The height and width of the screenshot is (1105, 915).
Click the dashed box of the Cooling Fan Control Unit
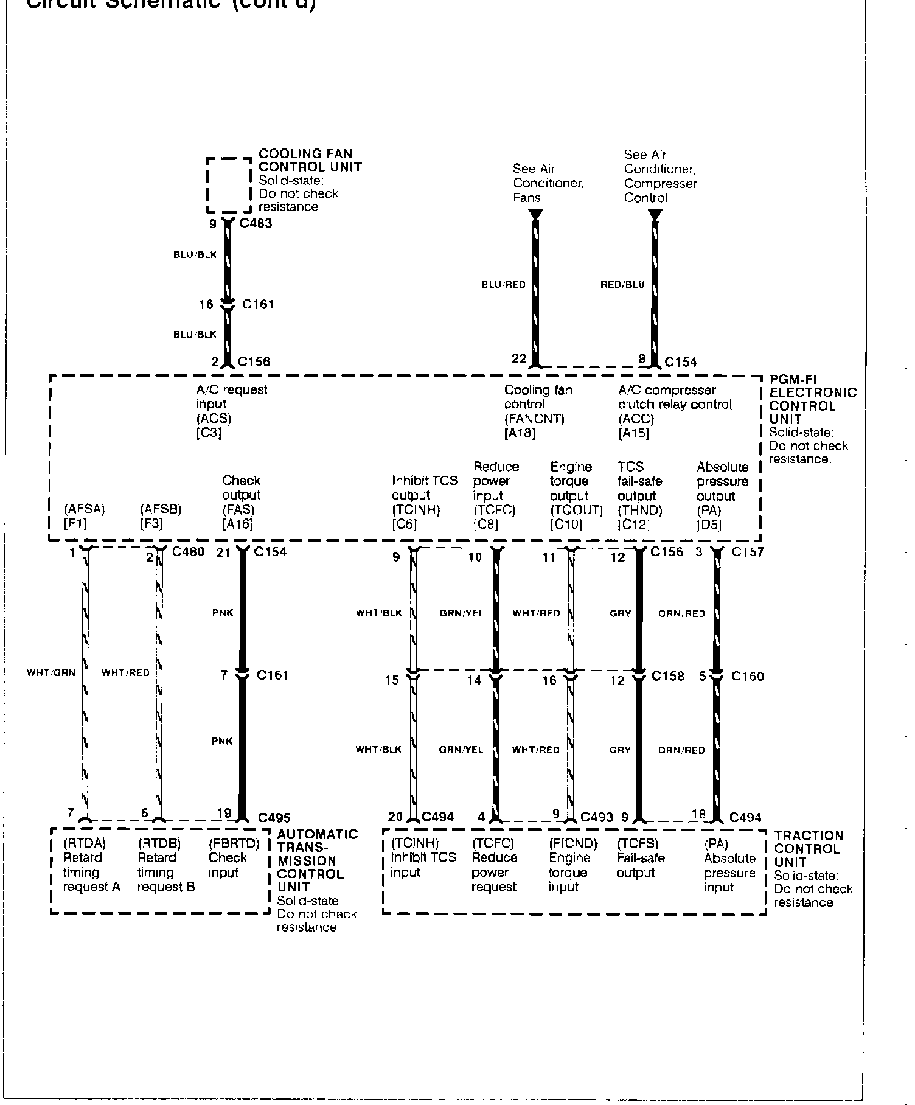[x=229, y=184]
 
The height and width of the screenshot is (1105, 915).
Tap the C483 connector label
[x=256, y=223]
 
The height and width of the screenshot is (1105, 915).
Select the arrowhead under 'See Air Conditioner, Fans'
[x=536, y=215]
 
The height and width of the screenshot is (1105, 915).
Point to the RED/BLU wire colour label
[x=622, y=285]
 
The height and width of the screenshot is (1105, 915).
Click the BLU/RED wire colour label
[x=503, y=285]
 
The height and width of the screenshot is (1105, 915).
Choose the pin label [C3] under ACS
[x=209, y=433]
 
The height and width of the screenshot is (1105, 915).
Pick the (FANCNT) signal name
[x=534, y=419]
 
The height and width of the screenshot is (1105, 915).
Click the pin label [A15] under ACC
[x=633, y=433]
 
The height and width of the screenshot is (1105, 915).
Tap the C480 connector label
[x=188, y=552]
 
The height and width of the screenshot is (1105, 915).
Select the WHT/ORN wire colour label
[x=51, y=673]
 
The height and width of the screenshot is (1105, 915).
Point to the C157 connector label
[x=748, y=552]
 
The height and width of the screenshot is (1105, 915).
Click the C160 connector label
[x=748, y=676]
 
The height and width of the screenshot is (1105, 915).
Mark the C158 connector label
[x=668, y=676]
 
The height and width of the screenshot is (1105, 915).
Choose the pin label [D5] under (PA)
[x=709, y=524]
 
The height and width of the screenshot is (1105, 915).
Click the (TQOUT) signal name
[x=576, y=510]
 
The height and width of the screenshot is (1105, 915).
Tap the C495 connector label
[x=274, y=818]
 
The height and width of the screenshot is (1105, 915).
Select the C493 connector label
[x=597, y=817]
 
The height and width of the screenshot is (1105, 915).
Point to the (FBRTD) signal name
[x=234, y=844]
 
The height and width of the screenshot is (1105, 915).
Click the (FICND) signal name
[x=573, y=844]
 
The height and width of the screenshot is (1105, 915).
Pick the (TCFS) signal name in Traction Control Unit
[x=638, y=844]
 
